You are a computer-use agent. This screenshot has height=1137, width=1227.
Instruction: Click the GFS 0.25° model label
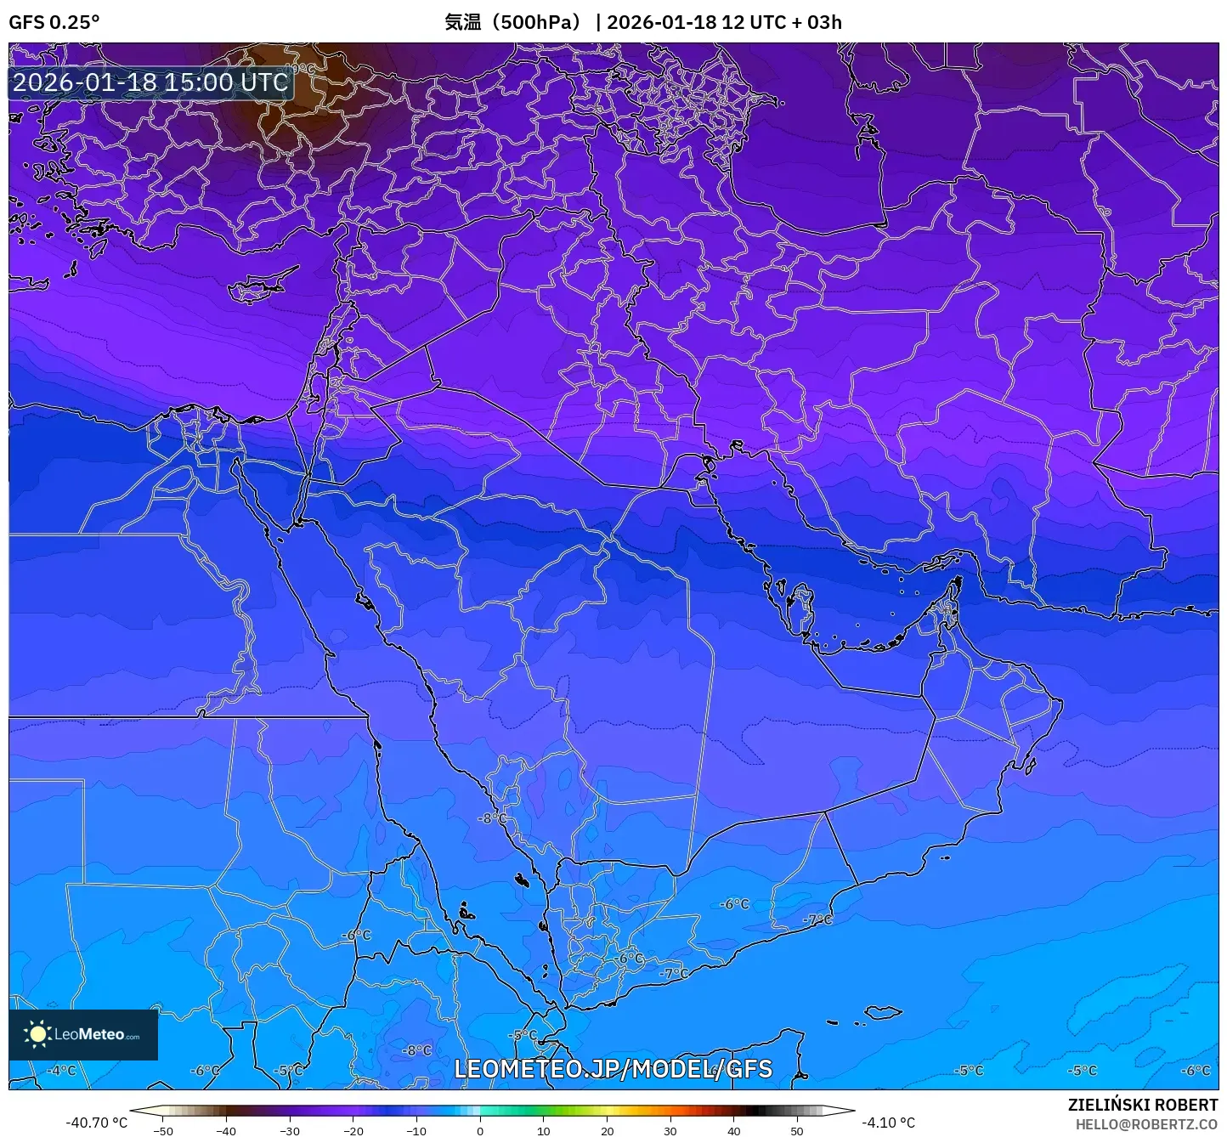[x=54, y=22]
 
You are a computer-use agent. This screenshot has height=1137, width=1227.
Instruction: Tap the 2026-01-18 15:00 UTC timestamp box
[x=150, y=82]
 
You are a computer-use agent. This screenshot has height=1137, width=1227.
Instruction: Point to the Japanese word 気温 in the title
[x=463, y=22]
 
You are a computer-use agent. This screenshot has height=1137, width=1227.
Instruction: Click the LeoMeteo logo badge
[x=83, y=1034]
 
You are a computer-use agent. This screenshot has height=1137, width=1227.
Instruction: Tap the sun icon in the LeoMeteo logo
[x=37, y=1034]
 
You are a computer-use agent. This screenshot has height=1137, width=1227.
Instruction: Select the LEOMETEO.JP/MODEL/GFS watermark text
[x=613, y=1069]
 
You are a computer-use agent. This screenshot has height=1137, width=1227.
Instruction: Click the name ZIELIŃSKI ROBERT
[x=1142, y=1105]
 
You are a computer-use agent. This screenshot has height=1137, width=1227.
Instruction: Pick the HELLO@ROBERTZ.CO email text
[x=1146, y=1124]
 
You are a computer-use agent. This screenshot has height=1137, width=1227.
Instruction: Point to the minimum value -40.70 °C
[x=96, y=1123]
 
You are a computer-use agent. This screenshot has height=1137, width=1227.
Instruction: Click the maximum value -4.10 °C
[x=888, y=1123]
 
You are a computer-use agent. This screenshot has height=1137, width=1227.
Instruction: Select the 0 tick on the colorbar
[x=480, y=1131]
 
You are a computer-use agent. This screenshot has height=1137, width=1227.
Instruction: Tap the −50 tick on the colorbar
[x=162, y=1131]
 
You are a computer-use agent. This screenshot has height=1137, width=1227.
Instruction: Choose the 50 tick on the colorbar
[x=797, y=1131]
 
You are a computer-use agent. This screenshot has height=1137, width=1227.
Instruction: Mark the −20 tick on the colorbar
[x=353, y=1131]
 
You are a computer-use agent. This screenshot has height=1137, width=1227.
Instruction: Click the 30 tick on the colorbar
[x=670, y=1131]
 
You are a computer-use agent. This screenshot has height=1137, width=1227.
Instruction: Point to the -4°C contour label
[x=61, y=1071]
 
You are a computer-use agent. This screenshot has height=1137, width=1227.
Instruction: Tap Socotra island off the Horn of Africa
[x=884, y=1013]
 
